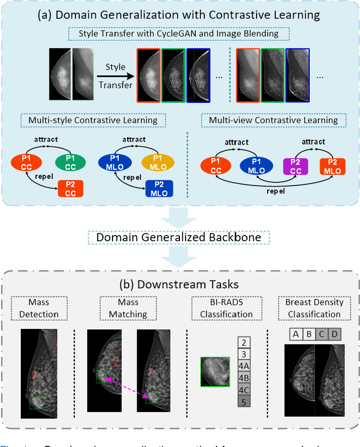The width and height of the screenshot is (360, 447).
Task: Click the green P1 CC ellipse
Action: (x=70, y=162)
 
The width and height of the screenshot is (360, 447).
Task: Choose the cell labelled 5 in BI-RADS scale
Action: (x=243, y=401)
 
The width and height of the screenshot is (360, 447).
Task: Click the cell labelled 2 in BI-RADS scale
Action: (x=243, y=342)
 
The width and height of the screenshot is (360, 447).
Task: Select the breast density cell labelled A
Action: (x=296, y=335)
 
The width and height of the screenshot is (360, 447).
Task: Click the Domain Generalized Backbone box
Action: (x=179, y=237)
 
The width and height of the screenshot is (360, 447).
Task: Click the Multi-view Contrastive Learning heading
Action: (x=273, y=120)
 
